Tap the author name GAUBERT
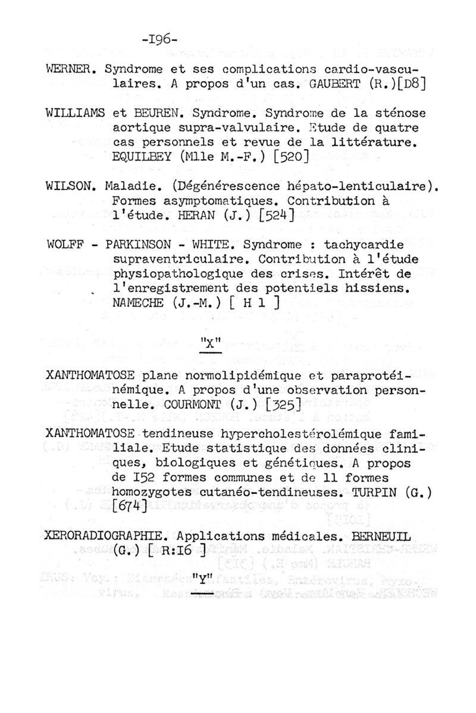click(x=336, y=83)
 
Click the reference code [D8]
click(x=409, y=83)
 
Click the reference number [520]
click(x=290, y=157)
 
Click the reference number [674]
click(x=130, y=506)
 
